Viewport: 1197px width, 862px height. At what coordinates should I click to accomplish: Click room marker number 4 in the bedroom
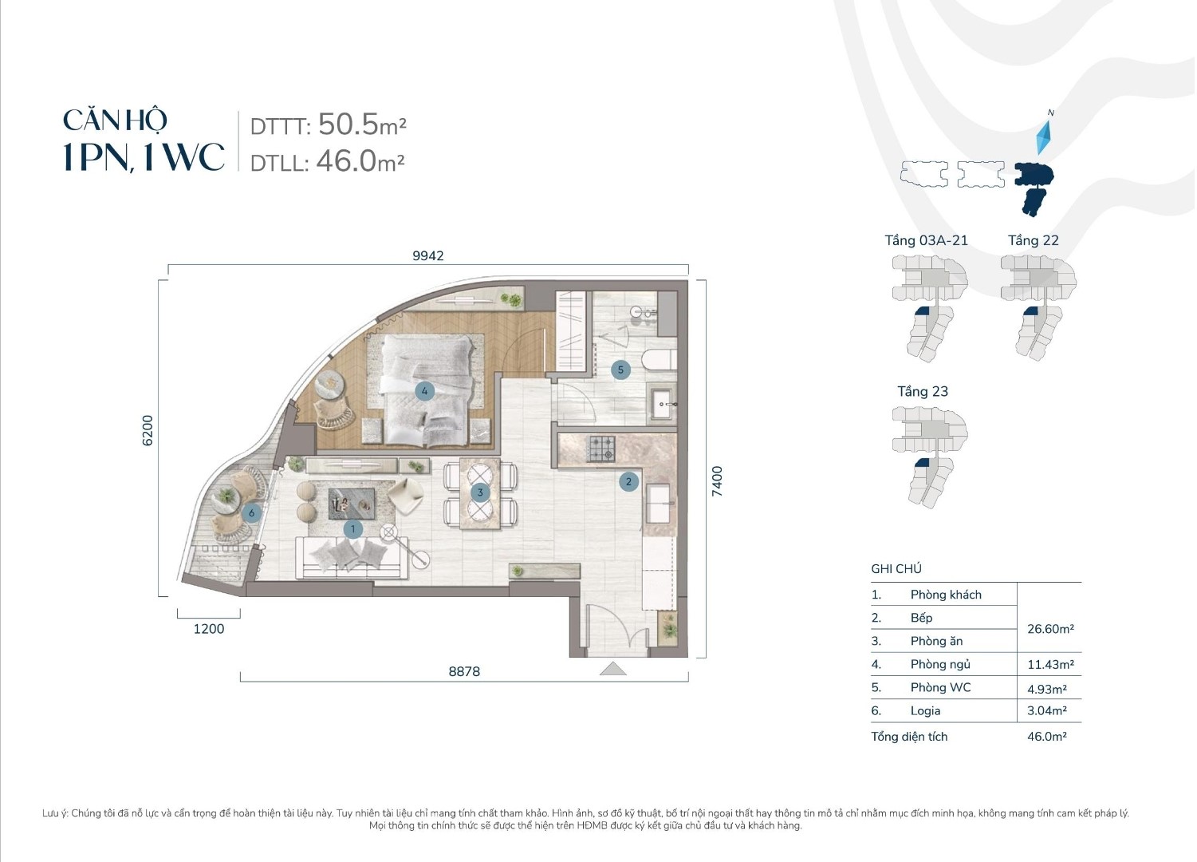tap(424, 391)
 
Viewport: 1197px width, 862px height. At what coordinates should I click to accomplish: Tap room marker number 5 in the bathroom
tap(620, 370)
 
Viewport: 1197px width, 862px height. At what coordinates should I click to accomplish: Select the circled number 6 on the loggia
tap(251, 513)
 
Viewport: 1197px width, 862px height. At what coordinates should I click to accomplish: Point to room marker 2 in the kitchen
tap(628, 481)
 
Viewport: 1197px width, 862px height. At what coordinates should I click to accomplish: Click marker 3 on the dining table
tap(480, 492)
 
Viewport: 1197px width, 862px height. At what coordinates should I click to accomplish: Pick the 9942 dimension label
tap(428, 255)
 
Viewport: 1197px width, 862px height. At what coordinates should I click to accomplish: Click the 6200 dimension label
tap(147, 430)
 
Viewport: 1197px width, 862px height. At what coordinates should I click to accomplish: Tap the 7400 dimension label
tap(717, 481)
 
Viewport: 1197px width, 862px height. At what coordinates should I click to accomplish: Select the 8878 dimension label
tap(464, 671)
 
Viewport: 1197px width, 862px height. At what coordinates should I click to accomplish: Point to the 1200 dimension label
tap(209, 629)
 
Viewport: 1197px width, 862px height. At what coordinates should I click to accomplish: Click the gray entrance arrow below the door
tap(613, 668)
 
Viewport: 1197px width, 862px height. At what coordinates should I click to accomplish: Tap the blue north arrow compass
tap(1044, 137)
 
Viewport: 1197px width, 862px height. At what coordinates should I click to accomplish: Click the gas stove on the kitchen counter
tap(602, 449)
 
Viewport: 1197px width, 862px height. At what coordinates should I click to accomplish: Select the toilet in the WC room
tap(659, 359)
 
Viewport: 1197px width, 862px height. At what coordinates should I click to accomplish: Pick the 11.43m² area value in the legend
tap(1050, 664)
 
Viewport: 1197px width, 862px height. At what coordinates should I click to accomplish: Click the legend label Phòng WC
tap(940, 688)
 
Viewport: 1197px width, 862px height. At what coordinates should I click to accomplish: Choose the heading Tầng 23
tap(923, 391)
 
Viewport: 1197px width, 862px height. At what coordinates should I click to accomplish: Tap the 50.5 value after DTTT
tap(348, 125)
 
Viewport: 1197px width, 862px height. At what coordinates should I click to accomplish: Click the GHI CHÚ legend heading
tap(896, 569)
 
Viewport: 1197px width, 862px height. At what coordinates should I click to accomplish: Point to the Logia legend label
tap(926, 711)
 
